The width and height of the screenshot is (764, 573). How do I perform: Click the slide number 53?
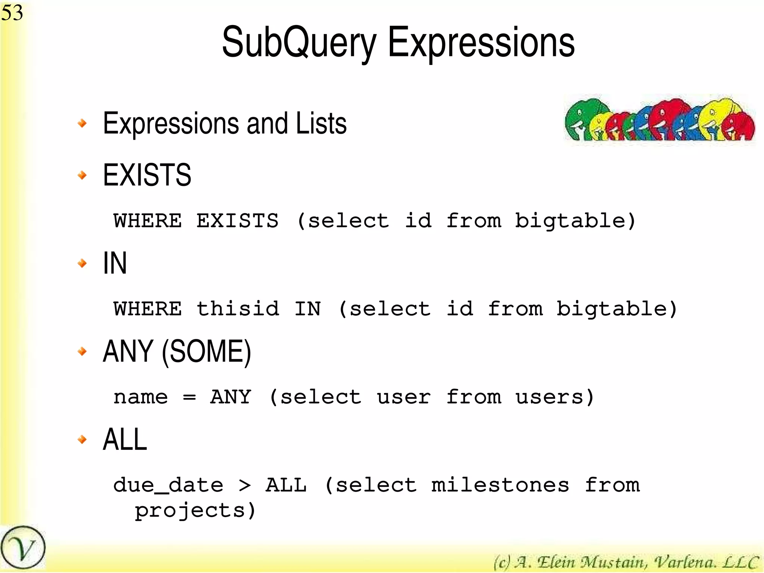point(12,13)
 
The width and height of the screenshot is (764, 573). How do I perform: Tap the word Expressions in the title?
point(481,43)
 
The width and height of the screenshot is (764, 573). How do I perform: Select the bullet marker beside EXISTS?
point(82,175)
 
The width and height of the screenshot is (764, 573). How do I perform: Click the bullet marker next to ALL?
point(82,439)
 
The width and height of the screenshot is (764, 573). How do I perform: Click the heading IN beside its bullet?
point(115,263)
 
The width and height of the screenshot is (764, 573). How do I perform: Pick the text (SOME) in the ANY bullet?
point(206,352)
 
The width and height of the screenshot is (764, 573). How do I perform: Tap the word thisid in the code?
point(238,309)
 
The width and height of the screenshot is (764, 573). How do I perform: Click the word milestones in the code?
point(500,485)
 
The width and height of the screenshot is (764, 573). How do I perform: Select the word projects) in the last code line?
point(195,511)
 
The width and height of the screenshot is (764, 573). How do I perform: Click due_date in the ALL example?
point(168,485)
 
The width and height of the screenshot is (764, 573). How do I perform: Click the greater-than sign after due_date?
point(245,485)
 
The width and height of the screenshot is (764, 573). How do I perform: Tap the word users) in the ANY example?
point(555,397)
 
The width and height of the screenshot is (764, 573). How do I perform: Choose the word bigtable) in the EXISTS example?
point(575,221)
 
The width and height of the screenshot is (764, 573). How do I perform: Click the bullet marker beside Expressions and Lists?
point(82,123)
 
